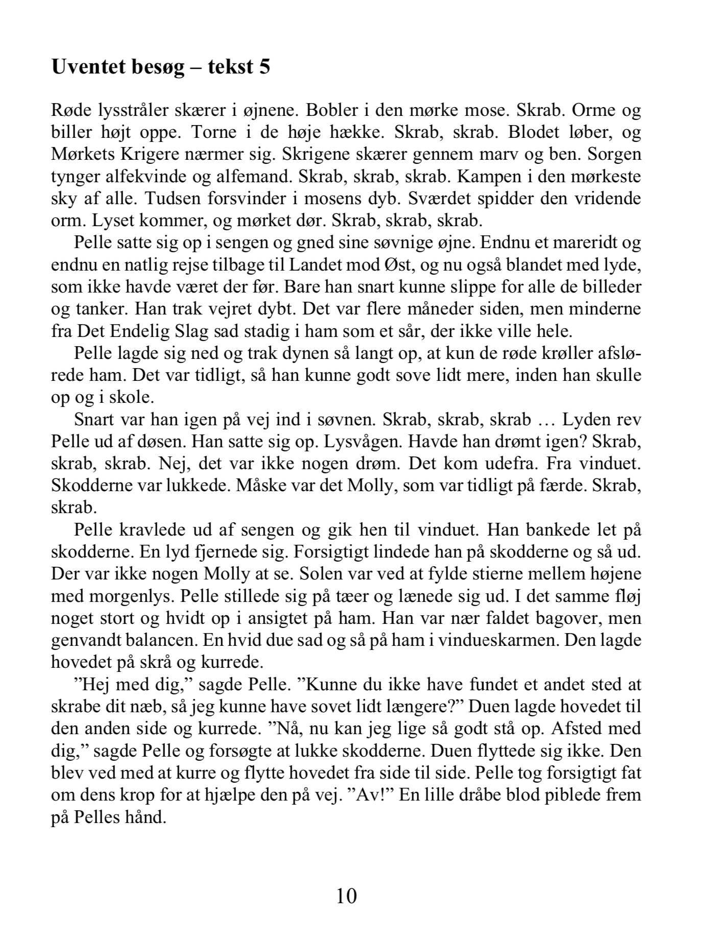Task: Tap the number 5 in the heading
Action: [264, 67]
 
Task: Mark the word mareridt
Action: [577, 243]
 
